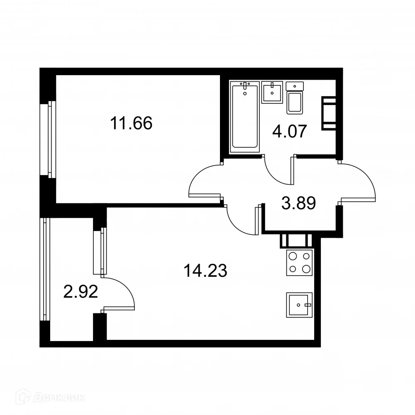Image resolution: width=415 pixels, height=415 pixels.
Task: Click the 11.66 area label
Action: (x=131, y=123)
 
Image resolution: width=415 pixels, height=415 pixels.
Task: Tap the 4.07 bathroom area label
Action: (x=289, y=132)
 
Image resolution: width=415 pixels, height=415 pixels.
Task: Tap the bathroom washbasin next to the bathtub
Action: (x=272, y=93)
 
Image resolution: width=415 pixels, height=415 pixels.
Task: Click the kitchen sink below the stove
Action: (x=299, y=305)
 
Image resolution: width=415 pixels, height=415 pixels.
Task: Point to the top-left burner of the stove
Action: (x=292, y=256)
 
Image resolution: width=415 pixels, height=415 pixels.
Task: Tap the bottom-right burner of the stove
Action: (x=306, y=269)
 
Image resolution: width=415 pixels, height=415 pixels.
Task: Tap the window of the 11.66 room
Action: (x=51, y=139)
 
